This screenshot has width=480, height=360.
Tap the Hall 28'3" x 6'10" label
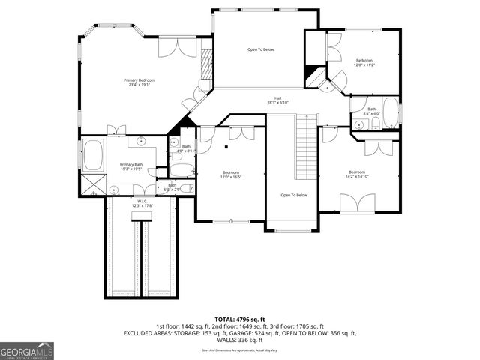278,100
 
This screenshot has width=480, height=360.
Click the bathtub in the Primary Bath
93,155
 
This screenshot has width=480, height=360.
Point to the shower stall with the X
93,183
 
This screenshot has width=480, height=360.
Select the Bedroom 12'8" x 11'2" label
364,62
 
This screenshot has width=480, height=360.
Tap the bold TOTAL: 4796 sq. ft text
240,319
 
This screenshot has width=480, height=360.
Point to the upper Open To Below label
260,49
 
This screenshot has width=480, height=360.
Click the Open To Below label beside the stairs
294,196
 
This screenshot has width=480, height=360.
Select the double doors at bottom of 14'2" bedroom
358,202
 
